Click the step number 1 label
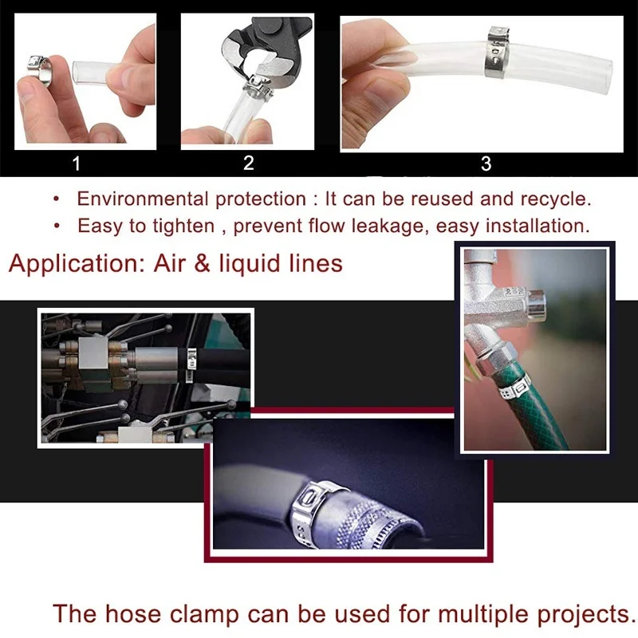point(77,164)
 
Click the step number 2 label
point(248,163)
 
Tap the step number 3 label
point(486,164)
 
